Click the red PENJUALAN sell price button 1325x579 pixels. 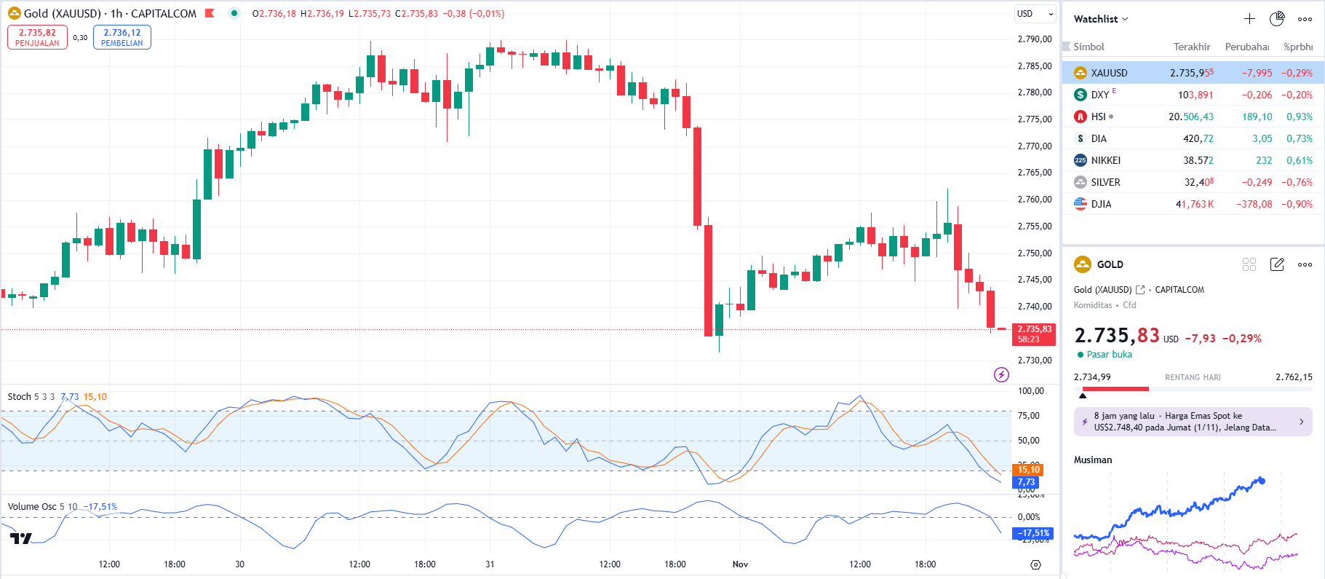pos(37,37)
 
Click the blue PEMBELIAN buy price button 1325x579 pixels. pos(122,37)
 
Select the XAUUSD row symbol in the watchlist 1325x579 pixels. pos(1108,73)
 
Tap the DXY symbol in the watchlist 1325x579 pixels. pos(1099,95)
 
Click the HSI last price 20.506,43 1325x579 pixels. pos(1190,117)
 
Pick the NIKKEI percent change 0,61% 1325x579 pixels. pos(1299,160)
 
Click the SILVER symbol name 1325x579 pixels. pos(1105,182)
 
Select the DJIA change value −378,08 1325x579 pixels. pos(1254,204)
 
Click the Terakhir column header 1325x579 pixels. pos(1191,47)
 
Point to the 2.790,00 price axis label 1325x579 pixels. pos(1034,39)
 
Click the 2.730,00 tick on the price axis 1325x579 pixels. pos(1034,361)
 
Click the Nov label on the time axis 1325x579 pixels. pos(740,564)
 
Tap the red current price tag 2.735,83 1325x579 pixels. pos(1033,334)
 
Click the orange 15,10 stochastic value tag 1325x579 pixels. pos(1027,470)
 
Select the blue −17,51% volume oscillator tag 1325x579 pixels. pos(1033,533)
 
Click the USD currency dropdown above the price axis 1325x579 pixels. pos(1035,14)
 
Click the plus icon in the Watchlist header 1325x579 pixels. pos(1249,19)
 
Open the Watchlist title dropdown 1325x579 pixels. pos(1100,19)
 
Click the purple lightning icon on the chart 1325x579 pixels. pos(1001,374)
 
